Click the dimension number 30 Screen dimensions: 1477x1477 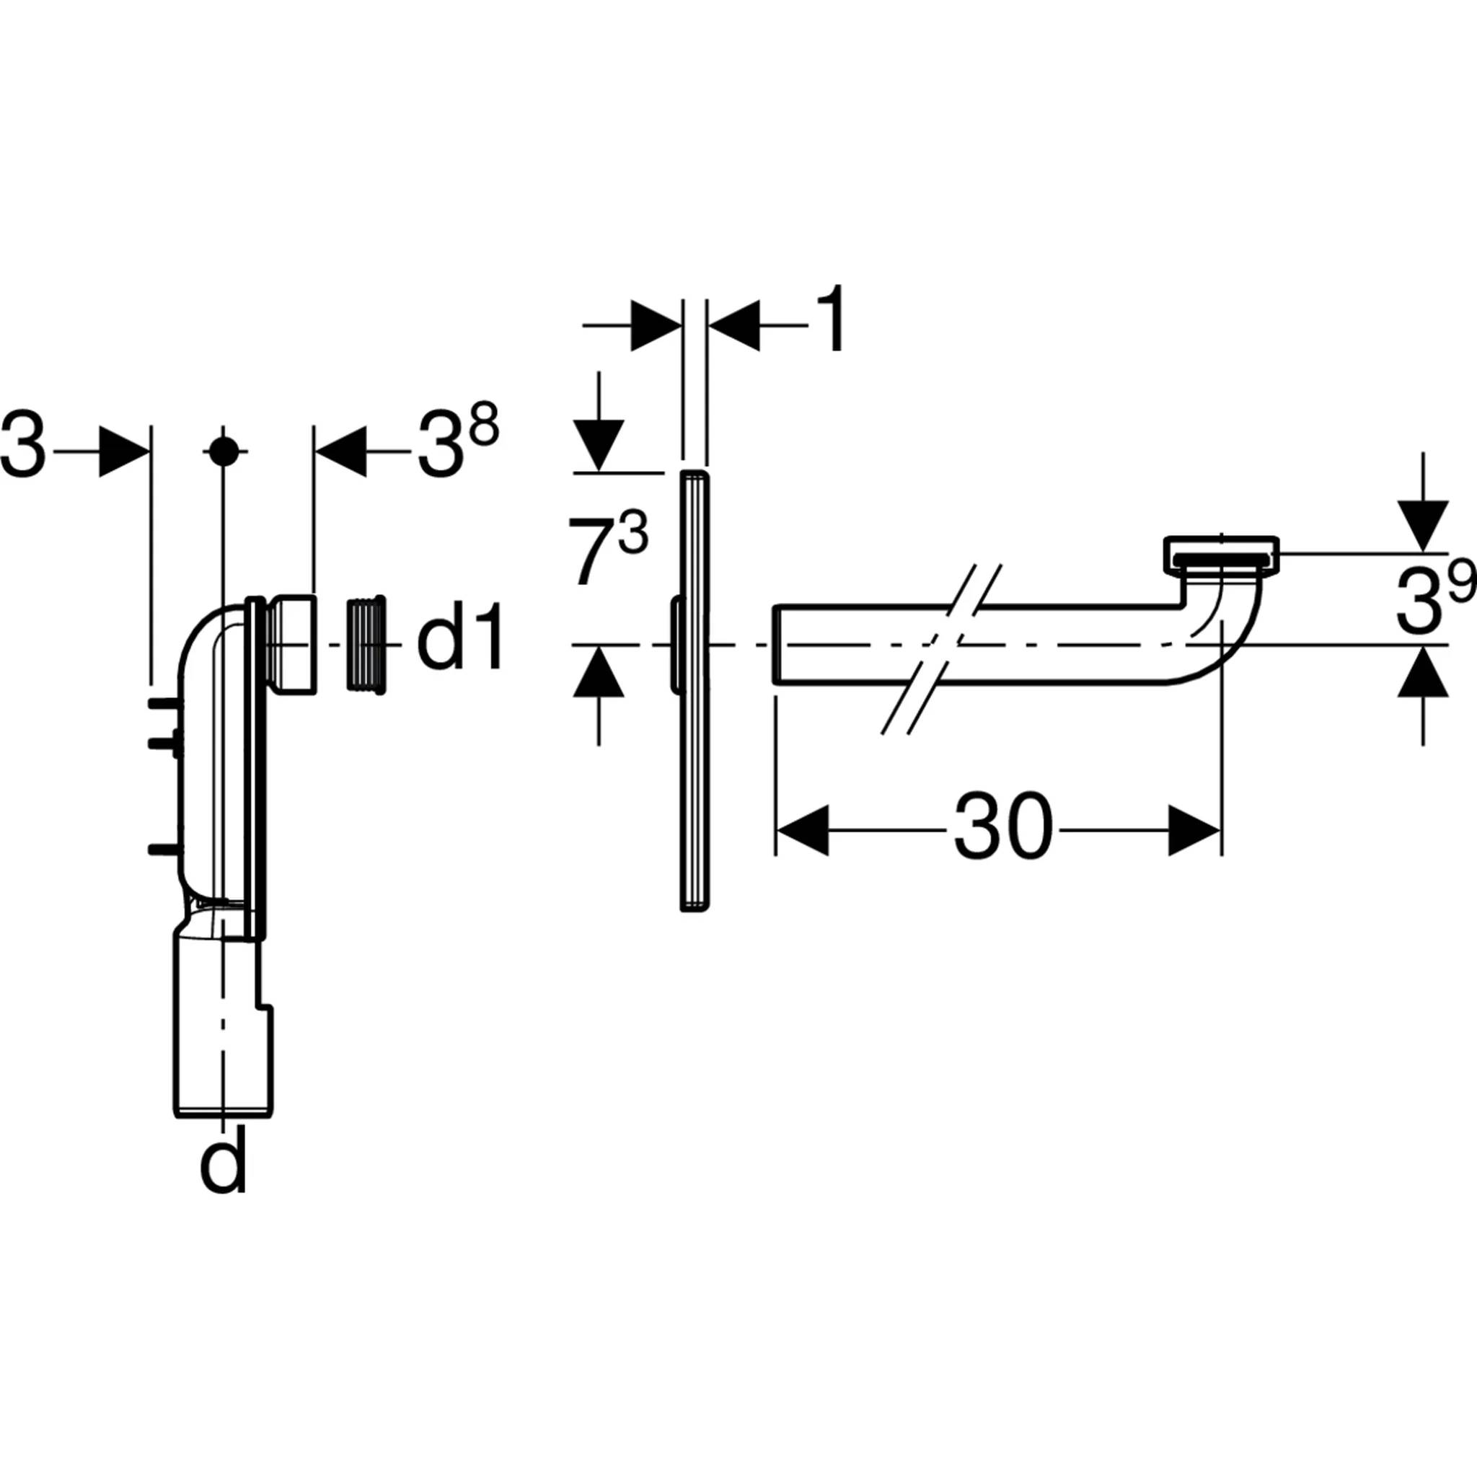(1002, 829)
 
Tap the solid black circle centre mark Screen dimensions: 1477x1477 (224, 451)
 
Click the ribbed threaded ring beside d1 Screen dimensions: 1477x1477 (366, 645)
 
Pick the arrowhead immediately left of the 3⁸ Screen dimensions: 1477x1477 (340, 451)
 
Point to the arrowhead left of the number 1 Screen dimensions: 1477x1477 (656, 325)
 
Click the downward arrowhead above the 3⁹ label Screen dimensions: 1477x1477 (1423, 525)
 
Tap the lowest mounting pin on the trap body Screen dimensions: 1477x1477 (163, 847)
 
